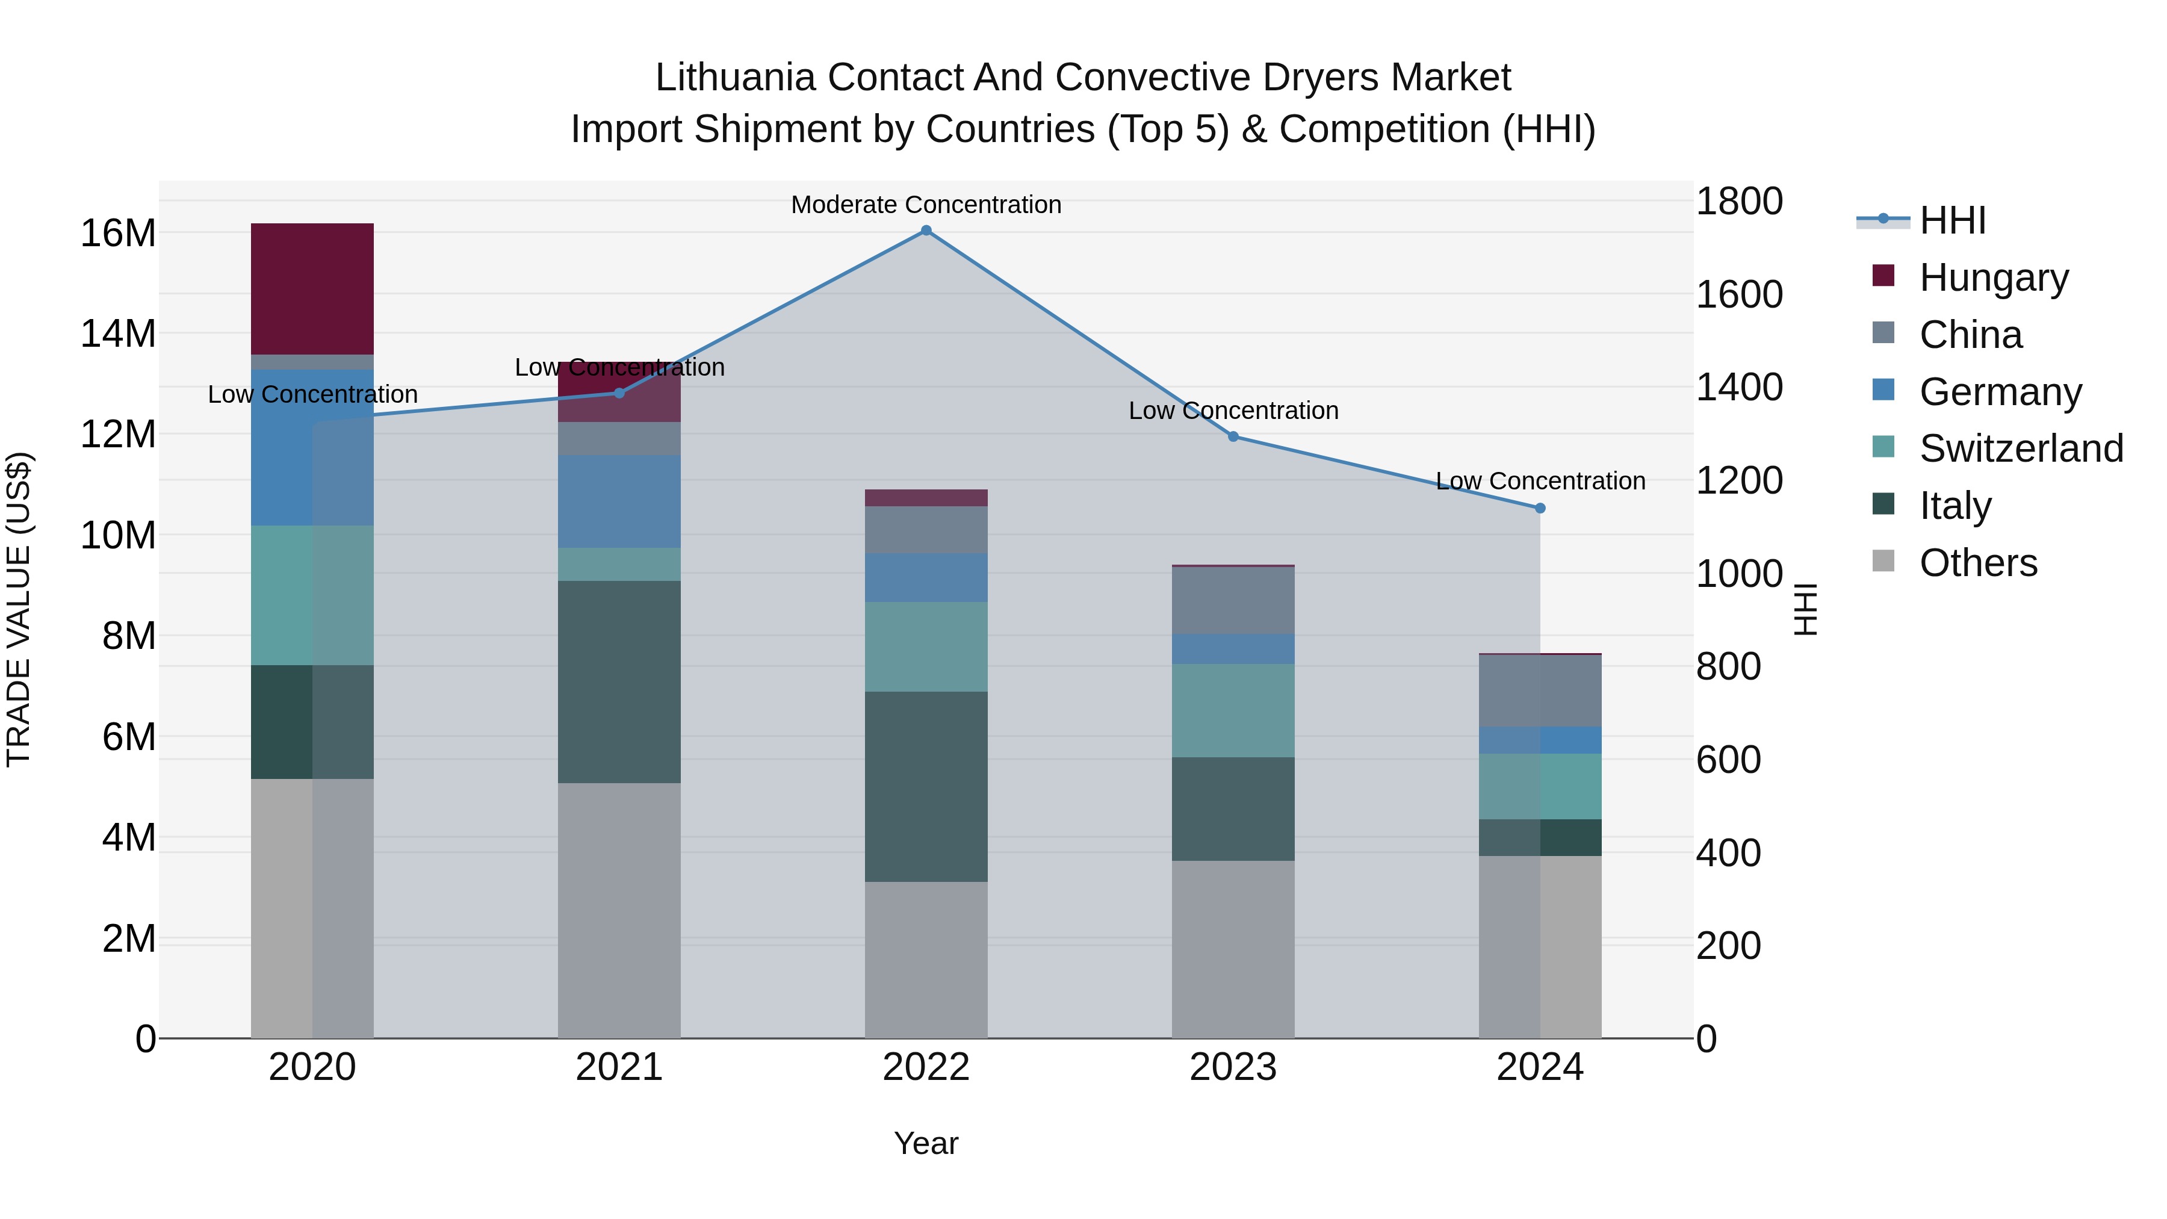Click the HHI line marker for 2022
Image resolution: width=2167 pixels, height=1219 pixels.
(x=926, y=231)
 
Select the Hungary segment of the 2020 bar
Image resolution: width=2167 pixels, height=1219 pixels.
(x=312, y=288)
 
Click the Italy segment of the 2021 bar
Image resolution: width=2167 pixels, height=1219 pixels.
(x=619, y=681)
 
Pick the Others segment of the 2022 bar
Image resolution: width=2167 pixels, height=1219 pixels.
(x=926, y=960)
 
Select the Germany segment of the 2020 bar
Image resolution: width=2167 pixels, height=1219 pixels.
(x=312, y=447)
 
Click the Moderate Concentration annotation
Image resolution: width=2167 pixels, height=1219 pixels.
(x=926, y=205)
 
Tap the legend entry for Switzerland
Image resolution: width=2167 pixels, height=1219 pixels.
(x=2021, y=448)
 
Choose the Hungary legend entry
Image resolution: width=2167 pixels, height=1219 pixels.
(x=1993, y=278)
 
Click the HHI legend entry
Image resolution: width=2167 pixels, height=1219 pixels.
(x=1952, y=220)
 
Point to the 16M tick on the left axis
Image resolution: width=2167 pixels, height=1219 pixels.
(x=118, y=233)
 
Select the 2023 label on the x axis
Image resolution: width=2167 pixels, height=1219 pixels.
(x=1233, y=1067)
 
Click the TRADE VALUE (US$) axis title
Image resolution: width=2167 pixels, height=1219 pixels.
(x=19, y=609)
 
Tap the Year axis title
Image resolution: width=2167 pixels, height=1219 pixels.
(x=926, y=1143)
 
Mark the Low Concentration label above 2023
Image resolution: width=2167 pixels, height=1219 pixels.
(x=1233, y=411)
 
